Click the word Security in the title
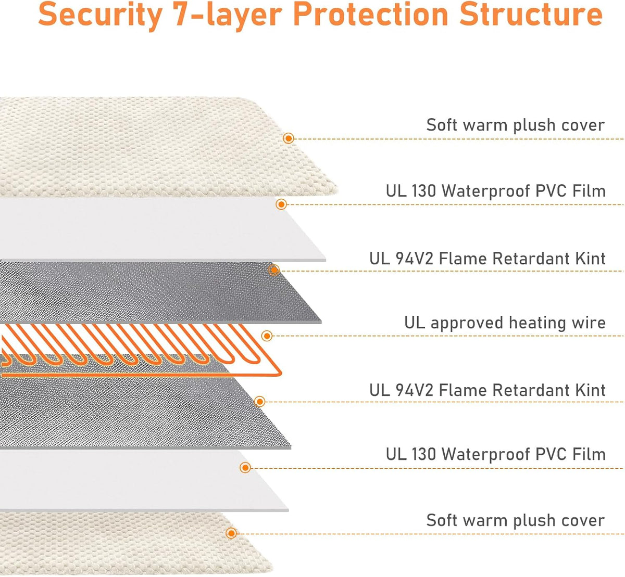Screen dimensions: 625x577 pos(100,15)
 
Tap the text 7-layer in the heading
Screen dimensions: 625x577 pos(228,15)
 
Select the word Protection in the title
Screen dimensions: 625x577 pos(370,14)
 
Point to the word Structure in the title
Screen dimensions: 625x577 pos(531,14)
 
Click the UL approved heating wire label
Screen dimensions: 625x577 pos(505,323)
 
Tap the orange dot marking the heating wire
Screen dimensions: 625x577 pos(267,336)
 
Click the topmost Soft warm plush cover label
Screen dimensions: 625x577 pos(516,125)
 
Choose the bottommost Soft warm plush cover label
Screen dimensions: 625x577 pos(516,520)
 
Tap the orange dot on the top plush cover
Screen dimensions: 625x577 pos(288,138)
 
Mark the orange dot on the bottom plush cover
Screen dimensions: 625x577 pos(231,533)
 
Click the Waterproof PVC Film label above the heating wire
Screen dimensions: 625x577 pos(496,191)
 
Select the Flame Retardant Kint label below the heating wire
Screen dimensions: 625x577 pos(487,390)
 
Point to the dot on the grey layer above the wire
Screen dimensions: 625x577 pos(274,270)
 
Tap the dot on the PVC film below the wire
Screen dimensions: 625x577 pos(245,468)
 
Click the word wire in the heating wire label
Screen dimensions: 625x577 pos(589,323)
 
